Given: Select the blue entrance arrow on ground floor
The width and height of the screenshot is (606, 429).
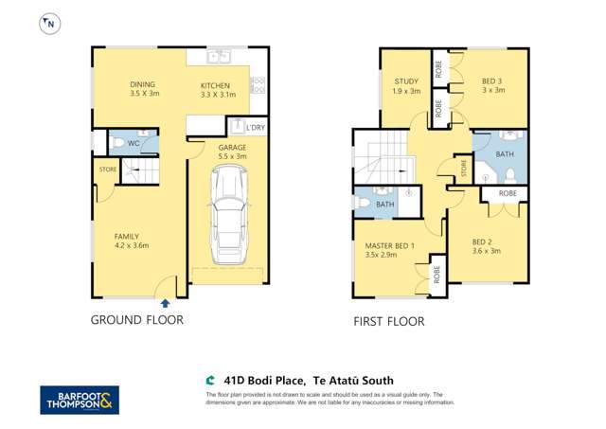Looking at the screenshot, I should point(167,303).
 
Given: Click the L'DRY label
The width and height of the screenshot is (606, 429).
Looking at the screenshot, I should point(256,127).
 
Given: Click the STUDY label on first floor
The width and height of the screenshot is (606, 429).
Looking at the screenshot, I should point(406,86).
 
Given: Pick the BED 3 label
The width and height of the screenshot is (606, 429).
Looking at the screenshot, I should point(492,85).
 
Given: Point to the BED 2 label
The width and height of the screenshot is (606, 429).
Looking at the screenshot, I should point(486,246).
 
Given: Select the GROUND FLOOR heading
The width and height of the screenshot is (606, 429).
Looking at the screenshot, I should point(136,320).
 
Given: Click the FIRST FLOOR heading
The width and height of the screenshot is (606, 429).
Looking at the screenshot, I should point(388,322).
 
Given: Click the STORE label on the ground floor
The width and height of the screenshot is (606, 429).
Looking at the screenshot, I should point(107,170).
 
